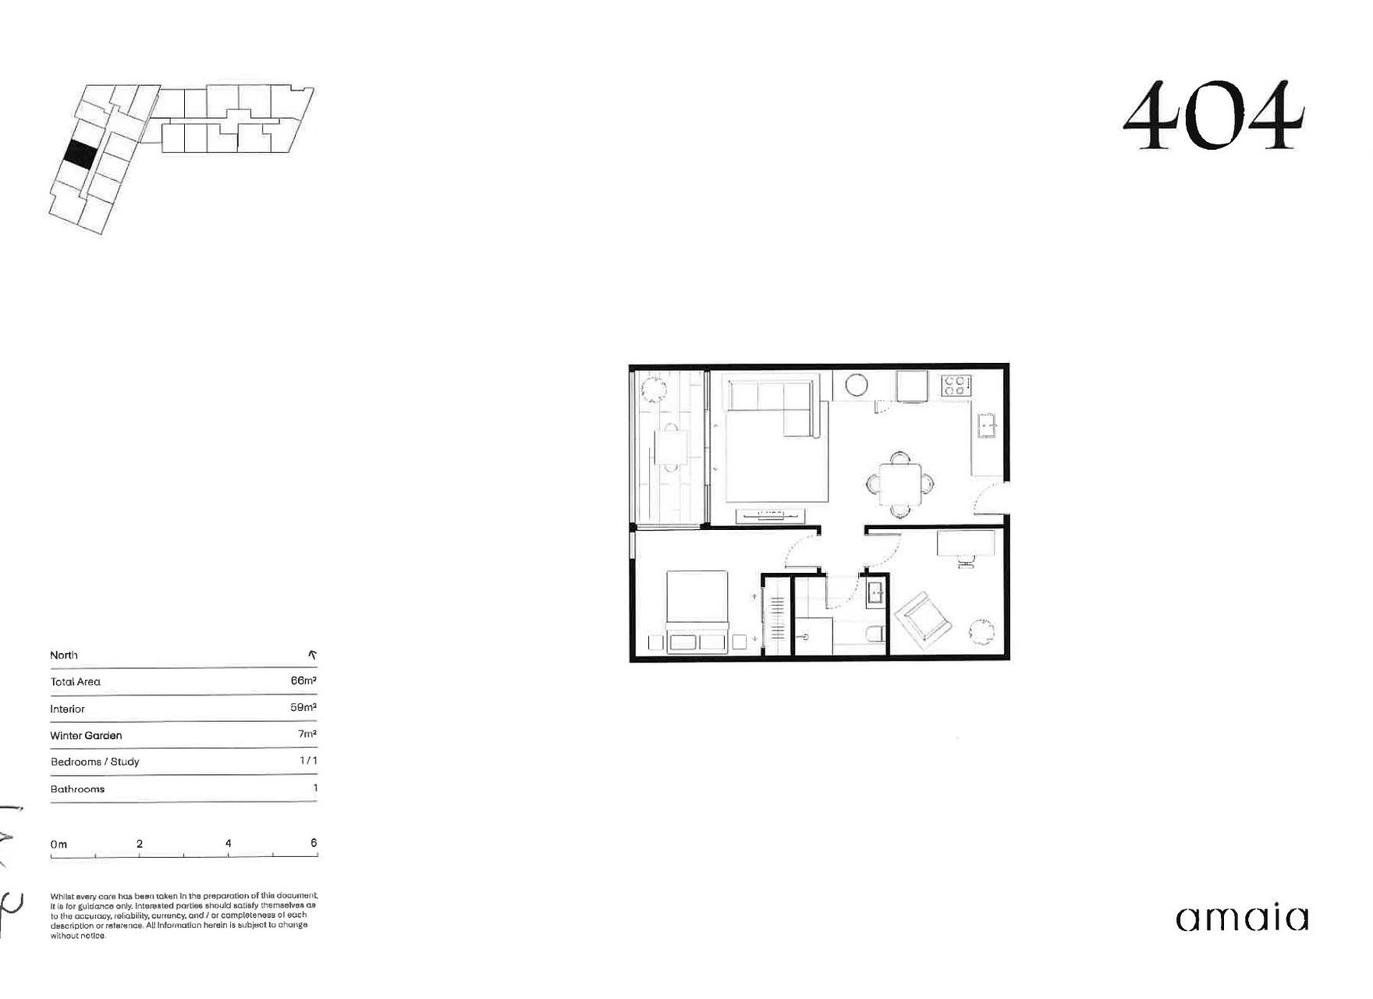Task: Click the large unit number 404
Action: (1214, 116)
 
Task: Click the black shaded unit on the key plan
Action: (80, 153)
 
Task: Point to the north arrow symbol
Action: (312, 655)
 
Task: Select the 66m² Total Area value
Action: (303, 681)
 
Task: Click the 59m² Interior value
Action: (303, 708)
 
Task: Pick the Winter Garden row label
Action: (86, 735)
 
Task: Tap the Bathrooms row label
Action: (77, 789)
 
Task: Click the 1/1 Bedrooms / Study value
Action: (308, 761)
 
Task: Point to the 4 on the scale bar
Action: (228, 844)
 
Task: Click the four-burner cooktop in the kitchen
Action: (956, 386)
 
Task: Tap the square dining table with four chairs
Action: (899, 485)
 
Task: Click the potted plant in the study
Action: (982, 631)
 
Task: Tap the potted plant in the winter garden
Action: (651, 388)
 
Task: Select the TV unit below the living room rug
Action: (770, 514)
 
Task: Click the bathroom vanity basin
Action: (876, 594)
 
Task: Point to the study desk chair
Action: (965, 560)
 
